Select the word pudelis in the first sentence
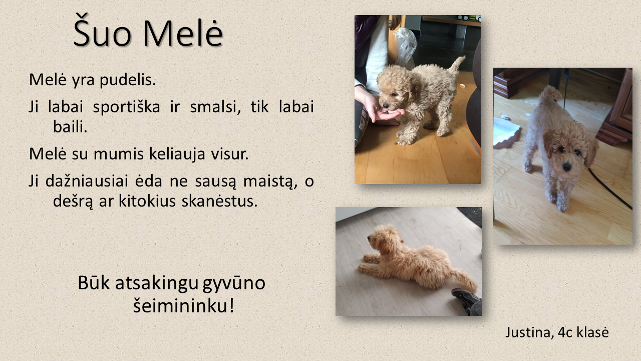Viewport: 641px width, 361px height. coord(128,80)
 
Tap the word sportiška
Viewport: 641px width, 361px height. coord(126,107)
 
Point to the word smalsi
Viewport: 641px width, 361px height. coord(215,107)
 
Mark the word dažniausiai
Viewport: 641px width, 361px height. coord(87,182)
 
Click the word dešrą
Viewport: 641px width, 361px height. coord(73,202)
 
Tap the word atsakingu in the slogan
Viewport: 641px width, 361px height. coord(157,284)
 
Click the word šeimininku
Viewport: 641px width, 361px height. coord(184,305)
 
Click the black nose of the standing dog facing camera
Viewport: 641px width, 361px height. coord(566,166)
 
